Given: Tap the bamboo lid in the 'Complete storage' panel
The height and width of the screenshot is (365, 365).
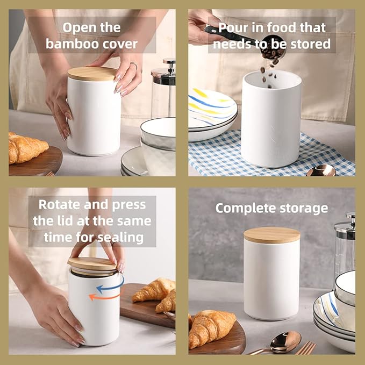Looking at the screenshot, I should pos(271,234).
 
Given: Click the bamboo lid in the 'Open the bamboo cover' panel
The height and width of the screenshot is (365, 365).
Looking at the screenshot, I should pos(92,73).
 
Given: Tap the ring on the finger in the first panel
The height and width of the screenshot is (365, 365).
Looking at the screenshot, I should pos(133,66).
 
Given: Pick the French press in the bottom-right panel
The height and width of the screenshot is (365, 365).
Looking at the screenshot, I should pos(344,247).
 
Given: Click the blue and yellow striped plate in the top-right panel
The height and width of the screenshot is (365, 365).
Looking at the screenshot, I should pos(212,105).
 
